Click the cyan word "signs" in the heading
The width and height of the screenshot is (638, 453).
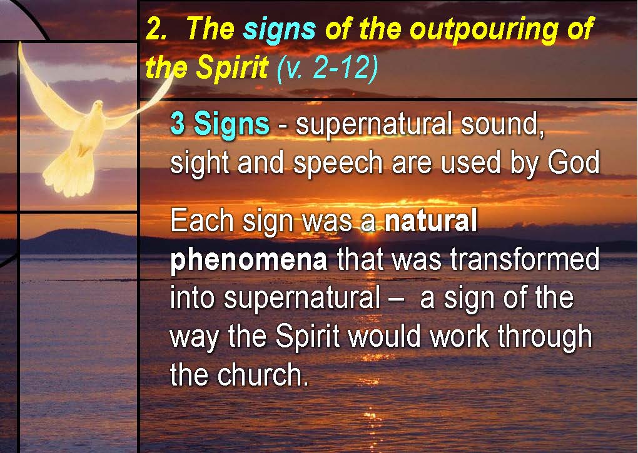[x=279, y=29]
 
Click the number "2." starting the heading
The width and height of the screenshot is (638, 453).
[x=156, y=29]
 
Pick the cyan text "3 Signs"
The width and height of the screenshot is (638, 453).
[x=220, y=124]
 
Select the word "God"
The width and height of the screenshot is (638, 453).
[x=574, y=162]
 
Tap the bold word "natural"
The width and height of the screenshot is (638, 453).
[x=431, y=220]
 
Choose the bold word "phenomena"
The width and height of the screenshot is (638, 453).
[x=248, y=260]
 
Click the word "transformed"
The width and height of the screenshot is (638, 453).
[x=525, y=259]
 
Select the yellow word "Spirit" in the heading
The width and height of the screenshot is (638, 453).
[x=232, y=67]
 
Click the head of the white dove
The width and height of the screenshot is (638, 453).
[x=97, y=107]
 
